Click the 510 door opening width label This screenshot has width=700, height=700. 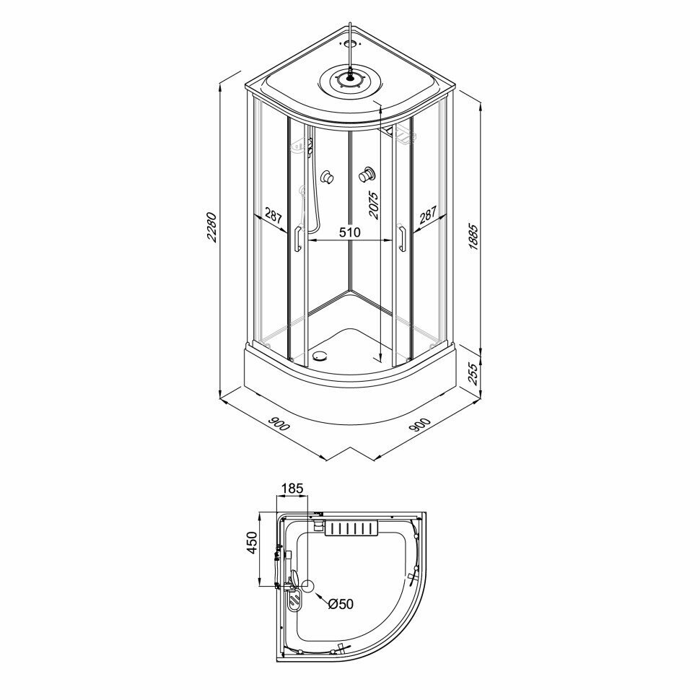349,232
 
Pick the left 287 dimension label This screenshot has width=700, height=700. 274,215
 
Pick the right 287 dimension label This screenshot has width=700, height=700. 428,215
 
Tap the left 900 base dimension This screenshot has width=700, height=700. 279,424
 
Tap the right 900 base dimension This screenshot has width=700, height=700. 420,424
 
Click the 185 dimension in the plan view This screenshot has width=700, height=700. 293,489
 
